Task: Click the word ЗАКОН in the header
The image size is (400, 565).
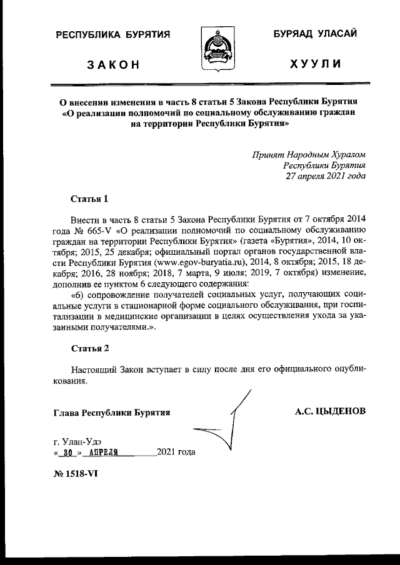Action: click(x=114, y=64)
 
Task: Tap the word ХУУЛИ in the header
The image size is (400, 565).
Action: click(x=316, y=64)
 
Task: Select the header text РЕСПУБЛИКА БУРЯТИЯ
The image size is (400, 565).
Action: click(x=113, y=35)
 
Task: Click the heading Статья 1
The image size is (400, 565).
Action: click(x=90, y=199)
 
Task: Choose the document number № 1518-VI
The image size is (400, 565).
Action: click(x=76, y=473)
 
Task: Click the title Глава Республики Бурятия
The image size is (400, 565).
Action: click(x=112, y=413)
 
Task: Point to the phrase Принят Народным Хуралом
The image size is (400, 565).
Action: click(x=309, y=154)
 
